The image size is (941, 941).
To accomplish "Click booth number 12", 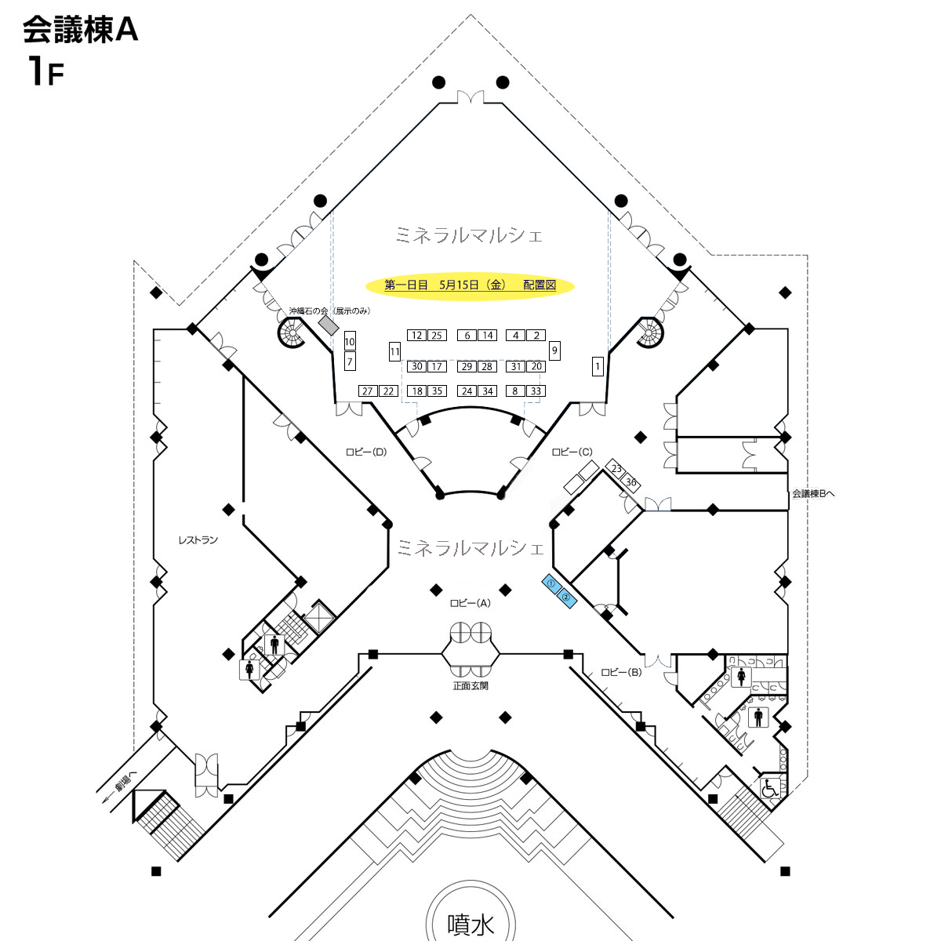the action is (x=416, y=335).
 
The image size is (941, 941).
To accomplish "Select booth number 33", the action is (x=536, y=391).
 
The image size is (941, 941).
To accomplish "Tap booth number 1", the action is (x=598, y=365).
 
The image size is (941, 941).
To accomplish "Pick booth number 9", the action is (x=554, y=350).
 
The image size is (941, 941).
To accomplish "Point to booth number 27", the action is (x=368, y=391).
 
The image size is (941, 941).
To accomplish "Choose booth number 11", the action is (x=394, y=351).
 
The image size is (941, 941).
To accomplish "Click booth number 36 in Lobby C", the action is (x=630, y=482).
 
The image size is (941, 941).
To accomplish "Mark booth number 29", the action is (x=467, y=366).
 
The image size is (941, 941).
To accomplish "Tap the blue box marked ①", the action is (x=552, y=583).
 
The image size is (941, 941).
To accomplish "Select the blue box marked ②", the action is (x=566, y=598).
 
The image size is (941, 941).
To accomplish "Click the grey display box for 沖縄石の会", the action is (x=329, y=325).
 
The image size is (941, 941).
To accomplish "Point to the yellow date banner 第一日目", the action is (x=470, y=285).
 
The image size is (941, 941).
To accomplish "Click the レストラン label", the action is (x=198, y=540).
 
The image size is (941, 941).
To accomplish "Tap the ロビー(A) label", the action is (x=470, y=603).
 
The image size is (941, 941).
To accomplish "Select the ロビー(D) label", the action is (x=366, y=452).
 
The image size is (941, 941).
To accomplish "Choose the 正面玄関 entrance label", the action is (x=470, y=685).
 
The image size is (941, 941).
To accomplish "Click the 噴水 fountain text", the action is (x=470, y=925).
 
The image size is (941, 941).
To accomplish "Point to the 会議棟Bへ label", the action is (x=813, y=494).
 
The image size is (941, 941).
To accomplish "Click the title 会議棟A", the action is (x=81, y=29).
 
